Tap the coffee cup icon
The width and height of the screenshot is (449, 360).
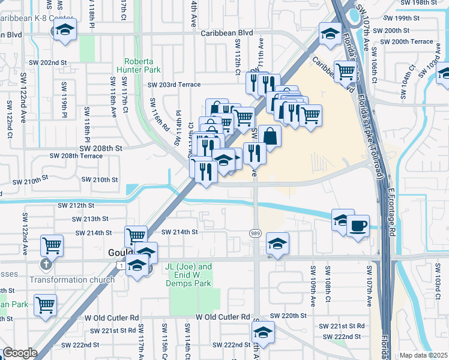[358, 226]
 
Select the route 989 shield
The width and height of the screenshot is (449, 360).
[255, 232]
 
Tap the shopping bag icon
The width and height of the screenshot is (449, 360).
[270, 136]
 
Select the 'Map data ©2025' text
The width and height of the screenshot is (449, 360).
[423, 355]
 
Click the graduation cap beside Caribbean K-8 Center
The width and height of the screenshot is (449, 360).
[65, 30]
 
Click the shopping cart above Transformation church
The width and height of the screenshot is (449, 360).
[52, 245]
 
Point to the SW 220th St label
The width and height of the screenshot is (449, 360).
[288, 315]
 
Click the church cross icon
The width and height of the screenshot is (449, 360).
[46, 265]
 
